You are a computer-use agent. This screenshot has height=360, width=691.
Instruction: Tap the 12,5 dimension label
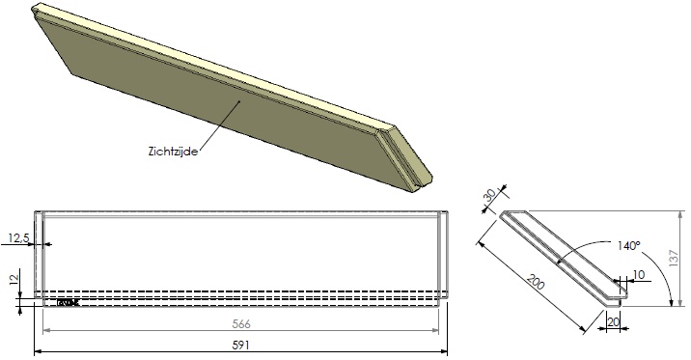(17, 236)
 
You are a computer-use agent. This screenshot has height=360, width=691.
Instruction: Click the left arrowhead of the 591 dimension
(38, 352)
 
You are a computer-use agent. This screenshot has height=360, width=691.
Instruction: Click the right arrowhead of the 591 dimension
(447, 352)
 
